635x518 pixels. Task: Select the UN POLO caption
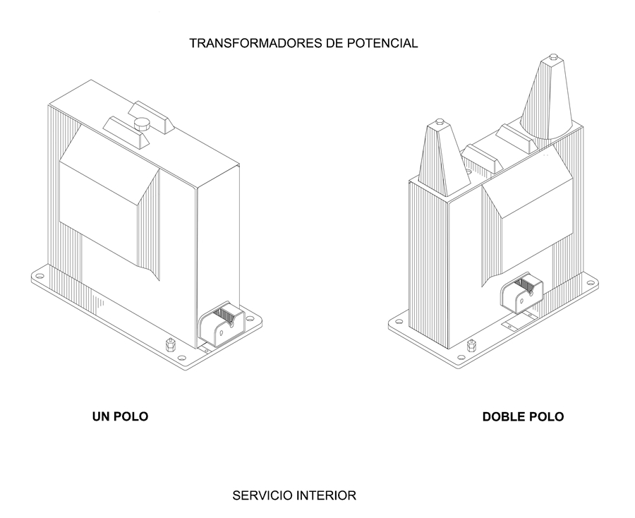tap(120, 416)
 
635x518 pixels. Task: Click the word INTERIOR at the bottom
tap(328, 495)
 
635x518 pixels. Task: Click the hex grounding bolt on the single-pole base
tap(170, 346)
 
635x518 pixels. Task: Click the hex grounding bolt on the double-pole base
tap(471, 346)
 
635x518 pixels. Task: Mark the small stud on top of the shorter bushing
tap(440, 121)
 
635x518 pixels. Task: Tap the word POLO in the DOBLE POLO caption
tap(546, 416)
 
